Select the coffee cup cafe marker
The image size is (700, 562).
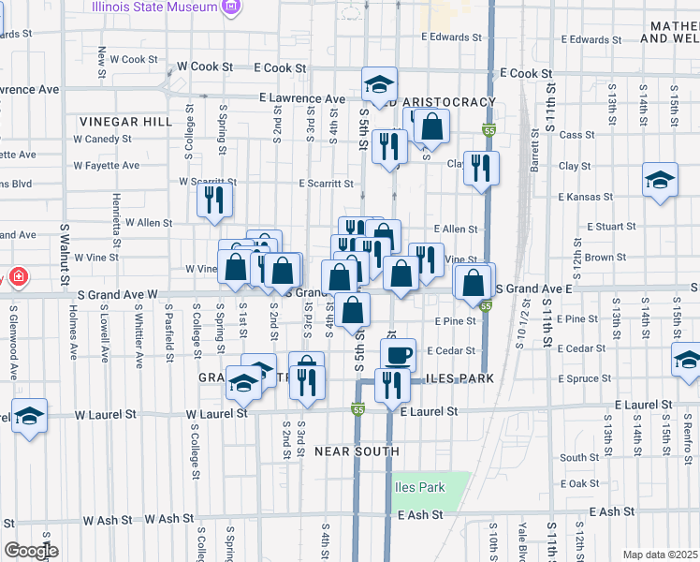click(x=398, y=354)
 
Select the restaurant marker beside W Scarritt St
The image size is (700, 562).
click(x=215, y=199)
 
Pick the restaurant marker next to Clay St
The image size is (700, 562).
click(x=481, y=168)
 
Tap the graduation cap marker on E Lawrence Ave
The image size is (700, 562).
click(x=379, y=84)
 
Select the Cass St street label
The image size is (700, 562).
click(x=571, y=135)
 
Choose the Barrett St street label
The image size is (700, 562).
click(x=535, y=177)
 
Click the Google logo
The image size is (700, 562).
click(x=31, y=551)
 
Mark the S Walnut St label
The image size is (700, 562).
click(x=65, y=254)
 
